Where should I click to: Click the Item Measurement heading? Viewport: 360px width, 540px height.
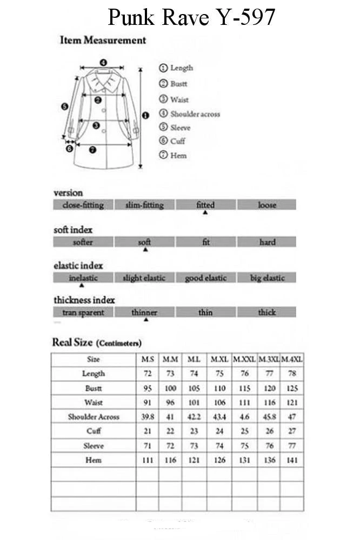[x=103, y=40]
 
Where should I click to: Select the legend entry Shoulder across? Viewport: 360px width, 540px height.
[x=195, y=114]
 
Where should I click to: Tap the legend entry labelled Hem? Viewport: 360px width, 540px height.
[x=178, y=155]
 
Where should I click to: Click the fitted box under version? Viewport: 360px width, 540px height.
[x=205, y=205]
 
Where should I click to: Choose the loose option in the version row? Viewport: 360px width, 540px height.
[x=266, y=205]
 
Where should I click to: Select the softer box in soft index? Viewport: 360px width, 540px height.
[x=83, y=242]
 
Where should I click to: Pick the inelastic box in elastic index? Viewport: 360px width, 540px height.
[x=83, y=278]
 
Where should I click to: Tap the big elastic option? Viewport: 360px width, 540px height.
[x=266, y=278]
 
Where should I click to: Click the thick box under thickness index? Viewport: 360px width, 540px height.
[x=266, y=312]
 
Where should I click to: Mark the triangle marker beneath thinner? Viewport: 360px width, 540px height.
[x=145, y=320]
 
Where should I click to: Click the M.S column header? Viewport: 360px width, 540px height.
[x=148, y=359]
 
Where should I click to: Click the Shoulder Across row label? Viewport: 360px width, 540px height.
[x=94, y=417]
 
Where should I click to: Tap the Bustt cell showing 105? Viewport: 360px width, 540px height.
[x=193, y=388]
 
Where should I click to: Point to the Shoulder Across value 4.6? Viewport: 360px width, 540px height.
[x=244, y=417]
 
